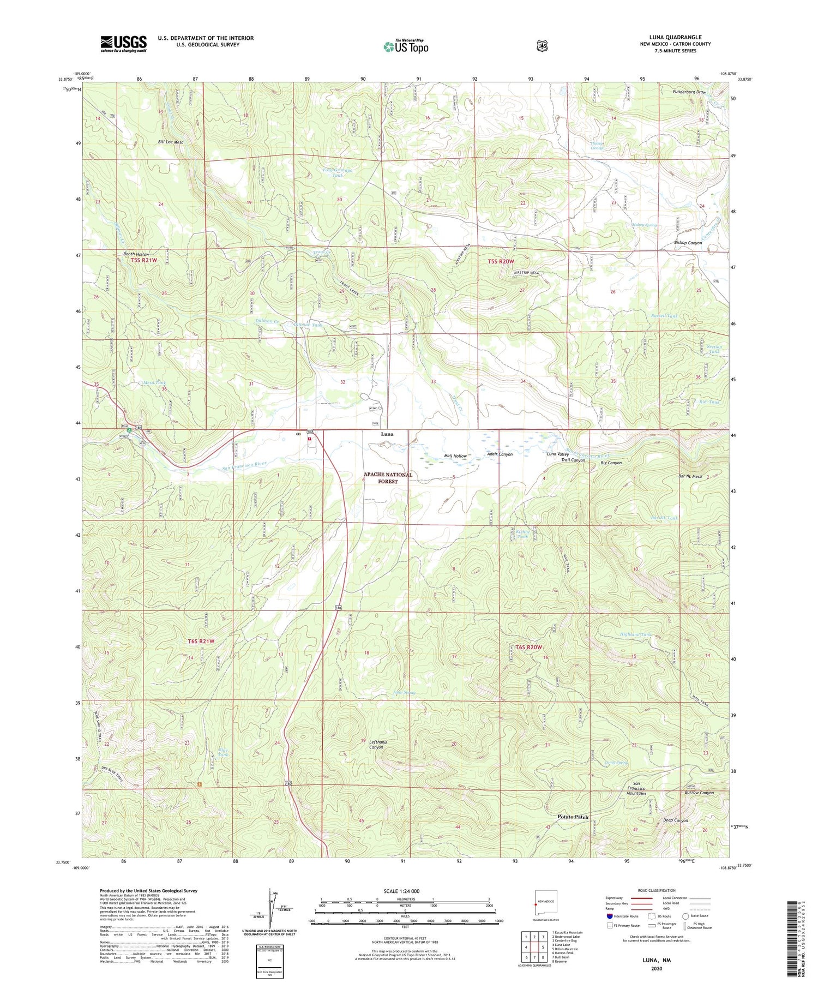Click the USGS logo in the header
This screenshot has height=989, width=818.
[123, 44]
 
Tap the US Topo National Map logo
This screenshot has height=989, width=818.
[405, 46]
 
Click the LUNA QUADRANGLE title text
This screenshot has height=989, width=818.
[675, 37]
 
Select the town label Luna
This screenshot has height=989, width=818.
[387, 434]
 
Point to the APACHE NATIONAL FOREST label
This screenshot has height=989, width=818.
[388, 478]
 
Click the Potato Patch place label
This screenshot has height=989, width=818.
[573, 817]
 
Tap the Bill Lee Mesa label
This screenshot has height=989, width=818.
[171, 142]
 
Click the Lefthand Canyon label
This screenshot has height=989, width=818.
[377, 745]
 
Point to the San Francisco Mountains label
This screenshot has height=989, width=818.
[636, 788]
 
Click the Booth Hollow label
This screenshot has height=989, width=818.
[136, 254]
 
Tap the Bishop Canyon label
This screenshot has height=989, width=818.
[688, 243]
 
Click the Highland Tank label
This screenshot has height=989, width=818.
[635, 634]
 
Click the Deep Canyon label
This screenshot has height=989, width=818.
[675, 820]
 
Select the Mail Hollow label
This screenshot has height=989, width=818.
[455, 455]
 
